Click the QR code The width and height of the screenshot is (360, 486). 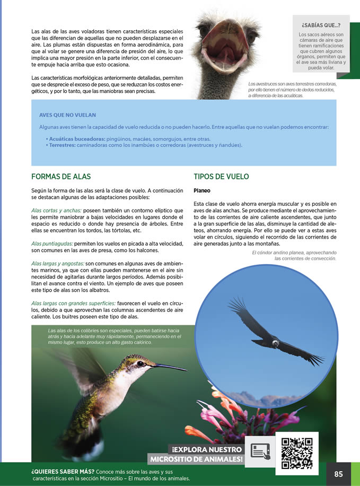(296, 453)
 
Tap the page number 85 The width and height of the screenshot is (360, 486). (338, 474)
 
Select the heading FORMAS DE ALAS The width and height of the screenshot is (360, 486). (61, 177)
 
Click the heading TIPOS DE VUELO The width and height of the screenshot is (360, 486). (221, 177)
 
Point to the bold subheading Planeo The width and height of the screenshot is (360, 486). (202, 190)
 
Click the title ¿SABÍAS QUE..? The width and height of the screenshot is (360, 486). (321, 25)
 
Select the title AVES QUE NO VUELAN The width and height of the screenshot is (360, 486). (65, 115)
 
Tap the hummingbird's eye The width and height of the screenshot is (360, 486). (141, 364)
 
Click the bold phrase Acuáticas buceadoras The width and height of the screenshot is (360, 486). (77, 138)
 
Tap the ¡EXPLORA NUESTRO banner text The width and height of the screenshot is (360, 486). (207, 449)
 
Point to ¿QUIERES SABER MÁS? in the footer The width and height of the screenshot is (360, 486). (63, 471)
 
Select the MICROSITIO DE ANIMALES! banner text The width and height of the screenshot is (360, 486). (196, 459)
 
